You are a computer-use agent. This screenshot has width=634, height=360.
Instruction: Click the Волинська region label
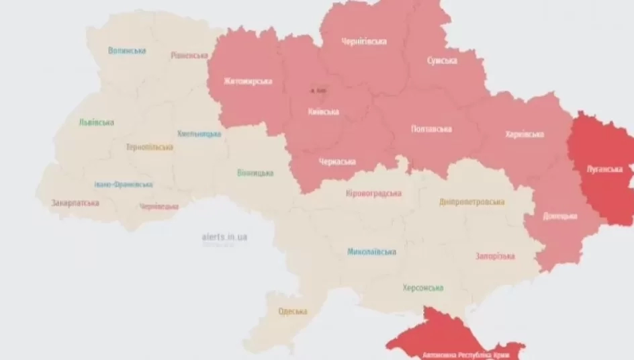pyautogui.click(x=127, y=50)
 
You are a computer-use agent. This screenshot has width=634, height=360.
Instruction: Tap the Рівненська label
pyautogui.click(x=189, y=55)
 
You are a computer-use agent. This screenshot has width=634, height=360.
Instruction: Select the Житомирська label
pyautogui.click(x=248, y=81)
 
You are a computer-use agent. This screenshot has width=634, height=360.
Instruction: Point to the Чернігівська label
pyautogui.click(x=363, y=42)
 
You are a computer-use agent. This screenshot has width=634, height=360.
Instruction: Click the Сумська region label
pyautogui.click(x=442, y=60)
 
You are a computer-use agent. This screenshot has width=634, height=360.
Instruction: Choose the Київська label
pyautogui.click(x=323, y=111)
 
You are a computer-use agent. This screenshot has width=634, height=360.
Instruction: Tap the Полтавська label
pyautogui.click(x=431, y=129)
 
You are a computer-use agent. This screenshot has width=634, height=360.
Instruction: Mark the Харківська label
pyautogui.click(x=525, y=134)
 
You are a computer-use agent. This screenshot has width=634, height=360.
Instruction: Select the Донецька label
pyautogui.click(x=559, y=216)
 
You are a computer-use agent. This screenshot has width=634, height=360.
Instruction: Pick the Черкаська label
pyautogui.click(x=336, y=161)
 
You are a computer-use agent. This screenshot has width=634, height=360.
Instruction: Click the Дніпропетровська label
pyautogui.click(x=472, y=201)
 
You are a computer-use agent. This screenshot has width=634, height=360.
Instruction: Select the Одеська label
pyautogui.click(x=293, y=311)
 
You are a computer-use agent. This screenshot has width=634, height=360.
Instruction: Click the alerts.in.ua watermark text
pyautogui.click(x=224, y=237)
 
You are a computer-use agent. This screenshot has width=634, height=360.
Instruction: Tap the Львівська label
pyautogui.click(x=95, y=122)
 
